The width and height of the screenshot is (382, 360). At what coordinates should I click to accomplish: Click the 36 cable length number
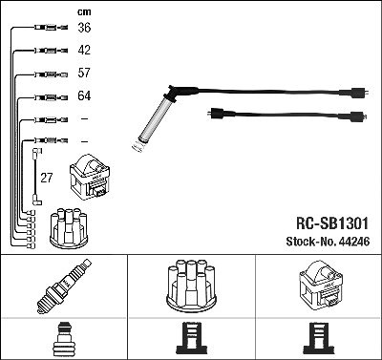point(84,28)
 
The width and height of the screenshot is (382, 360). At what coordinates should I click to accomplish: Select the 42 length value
point(84,50)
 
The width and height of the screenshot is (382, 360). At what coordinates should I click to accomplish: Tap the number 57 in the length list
point(84,73)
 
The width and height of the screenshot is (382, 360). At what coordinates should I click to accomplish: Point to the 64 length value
point(84,95)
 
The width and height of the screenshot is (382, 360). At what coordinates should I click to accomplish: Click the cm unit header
point(84,12)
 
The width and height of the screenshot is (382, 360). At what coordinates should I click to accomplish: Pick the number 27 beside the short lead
point(46,178)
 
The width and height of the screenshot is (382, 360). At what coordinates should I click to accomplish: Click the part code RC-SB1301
point(332,223)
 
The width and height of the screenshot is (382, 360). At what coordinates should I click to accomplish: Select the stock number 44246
point(354,242)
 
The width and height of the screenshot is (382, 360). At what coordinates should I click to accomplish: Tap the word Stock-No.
point(311,242)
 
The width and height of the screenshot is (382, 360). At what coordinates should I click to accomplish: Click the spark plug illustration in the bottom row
point(64,286)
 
